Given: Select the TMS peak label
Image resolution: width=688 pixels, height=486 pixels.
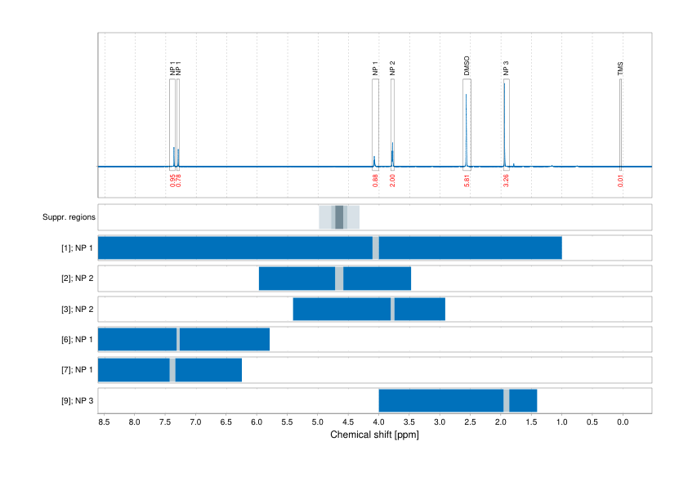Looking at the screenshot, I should click(621, 69).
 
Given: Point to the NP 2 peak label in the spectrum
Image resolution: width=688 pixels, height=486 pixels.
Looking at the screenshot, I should click(392, 69).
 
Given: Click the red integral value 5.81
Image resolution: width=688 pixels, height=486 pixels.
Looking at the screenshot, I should click(467, 181).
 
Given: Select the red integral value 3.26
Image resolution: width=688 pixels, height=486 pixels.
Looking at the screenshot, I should click(507, 181).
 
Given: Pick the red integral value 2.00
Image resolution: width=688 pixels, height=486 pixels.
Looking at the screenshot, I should click(393, 181).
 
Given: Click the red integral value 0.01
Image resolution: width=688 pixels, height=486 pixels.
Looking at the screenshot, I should click(621, 181).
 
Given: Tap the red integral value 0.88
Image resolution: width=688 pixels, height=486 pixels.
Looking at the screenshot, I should click(375, 181).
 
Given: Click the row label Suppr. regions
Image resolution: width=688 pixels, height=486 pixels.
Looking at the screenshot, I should click(69, 217).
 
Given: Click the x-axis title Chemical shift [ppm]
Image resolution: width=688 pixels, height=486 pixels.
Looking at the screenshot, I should click(374, 435).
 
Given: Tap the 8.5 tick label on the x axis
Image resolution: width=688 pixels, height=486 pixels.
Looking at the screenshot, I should click(104, 422).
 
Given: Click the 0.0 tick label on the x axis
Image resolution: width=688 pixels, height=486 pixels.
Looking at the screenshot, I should click(622, 422).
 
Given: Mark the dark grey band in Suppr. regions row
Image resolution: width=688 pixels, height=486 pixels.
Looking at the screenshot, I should click(339, 217).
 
